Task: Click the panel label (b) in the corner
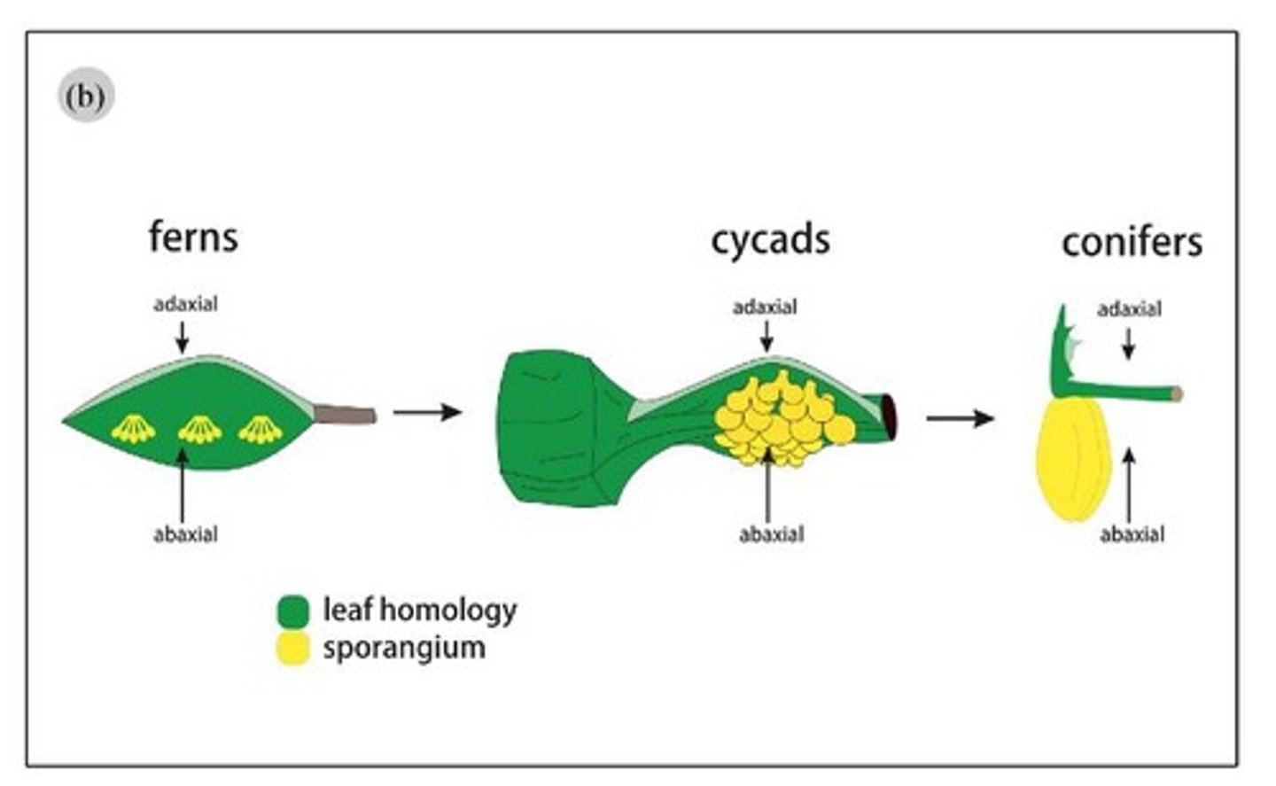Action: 86,96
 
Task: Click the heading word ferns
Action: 193,237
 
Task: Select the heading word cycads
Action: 770,240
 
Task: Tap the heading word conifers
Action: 1132,243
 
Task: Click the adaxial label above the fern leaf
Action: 185,305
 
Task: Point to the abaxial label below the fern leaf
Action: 185,534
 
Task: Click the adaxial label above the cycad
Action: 765,307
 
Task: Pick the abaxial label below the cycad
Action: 772,534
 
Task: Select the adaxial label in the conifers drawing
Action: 1129,309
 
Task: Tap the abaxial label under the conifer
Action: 1132,534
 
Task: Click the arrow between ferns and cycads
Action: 427,412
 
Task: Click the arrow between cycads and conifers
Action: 960,417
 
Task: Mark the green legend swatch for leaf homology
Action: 292,611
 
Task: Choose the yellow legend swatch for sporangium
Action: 292,649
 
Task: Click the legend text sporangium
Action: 404,648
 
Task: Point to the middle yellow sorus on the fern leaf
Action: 199,430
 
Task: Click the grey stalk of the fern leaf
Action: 346,414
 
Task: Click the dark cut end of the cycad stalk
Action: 889,416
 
